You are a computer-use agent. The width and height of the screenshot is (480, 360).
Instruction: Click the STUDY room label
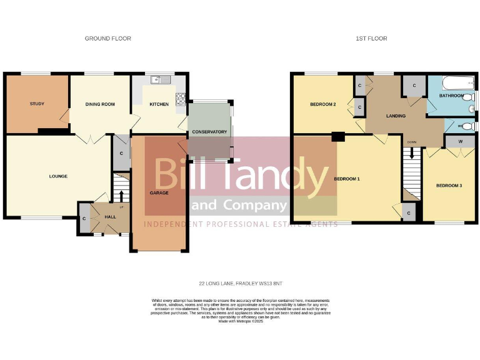click(x=36, y=104)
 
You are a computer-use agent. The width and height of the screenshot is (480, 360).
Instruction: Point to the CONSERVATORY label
click(x=209, y=132)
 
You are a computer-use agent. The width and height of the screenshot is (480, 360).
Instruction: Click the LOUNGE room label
click(x=58, y=176)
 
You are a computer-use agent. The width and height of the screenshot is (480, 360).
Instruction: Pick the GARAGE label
click(x=159, y=192)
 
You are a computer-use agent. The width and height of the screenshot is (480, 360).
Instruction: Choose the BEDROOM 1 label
click(x=347, y=179)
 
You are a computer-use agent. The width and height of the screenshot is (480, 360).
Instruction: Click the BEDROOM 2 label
click(x=323, y=104)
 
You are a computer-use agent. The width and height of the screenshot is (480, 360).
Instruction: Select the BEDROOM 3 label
click(x=448, y=186)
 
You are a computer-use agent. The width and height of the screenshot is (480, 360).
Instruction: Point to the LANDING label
click(x=396, y=116)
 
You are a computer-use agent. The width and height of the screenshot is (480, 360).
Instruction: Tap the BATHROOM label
click(x=451, y=96)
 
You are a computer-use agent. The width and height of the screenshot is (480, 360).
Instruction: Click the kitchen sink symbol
click(x=164, y=79)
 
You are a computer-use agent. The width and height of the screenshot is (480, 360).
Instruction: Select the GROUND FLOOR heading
click(x=108, y=39)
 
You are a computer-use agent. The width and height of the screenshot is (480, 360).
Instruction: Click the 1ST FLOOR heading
click(x=371, y=39)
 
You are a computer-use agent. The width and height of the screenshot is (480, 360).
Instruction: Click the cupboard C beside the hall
click(x=83, y=219)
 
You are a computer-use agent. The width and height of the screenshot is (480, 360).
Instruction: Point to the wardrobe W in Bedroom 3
click(x=460, y=141)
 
